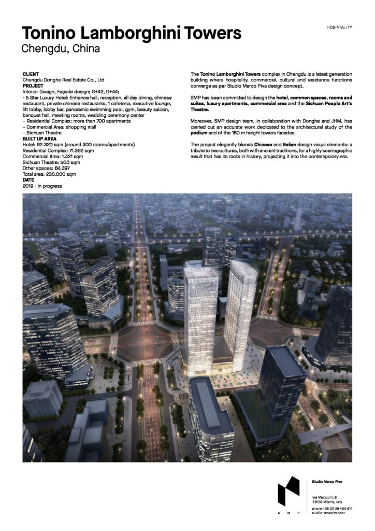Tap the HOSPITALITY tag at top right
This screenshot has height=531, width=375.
(340, 26)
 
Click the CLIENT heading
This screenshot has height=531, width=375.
(31, 75)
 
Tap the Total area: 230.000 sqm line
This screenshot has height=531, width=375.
(49, 175)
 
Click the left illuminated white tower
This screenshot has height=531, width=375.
(200, 311)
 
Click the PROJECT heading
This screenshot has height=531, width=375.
(33, 86)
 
